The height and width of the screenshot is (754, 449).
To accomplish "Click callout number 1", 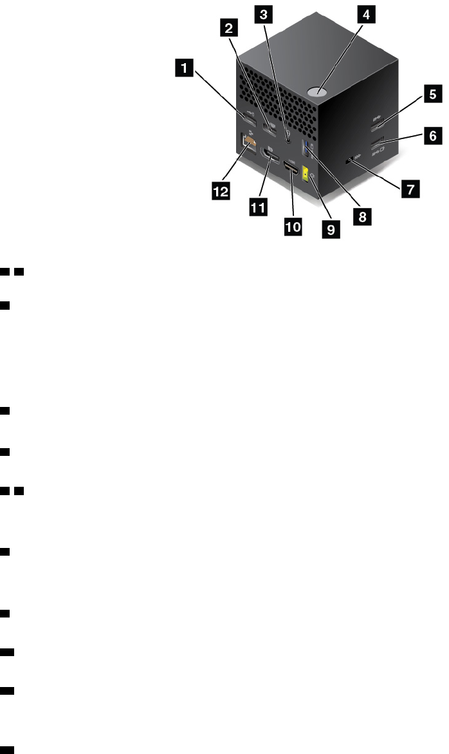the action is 186,66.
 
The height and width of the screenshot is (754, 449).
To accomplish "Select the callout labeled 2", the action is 226,28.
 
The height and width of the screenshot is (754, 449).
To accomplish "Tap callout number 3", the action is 261,12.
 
